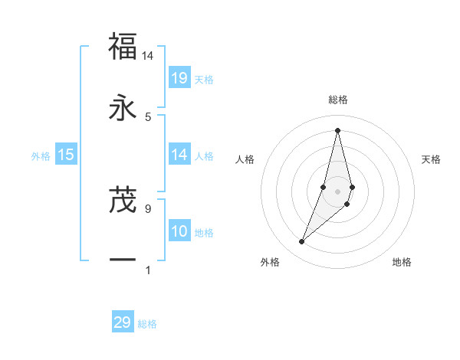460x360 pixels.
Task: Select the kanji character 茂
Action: [x=123, y=199]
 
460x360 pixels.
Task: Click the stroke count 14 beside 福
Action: [x=148, y=55]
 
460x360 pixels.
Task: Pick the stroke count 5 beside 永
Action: [x=148, y=116]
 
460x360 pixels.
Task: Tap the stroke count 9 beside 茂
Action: [x=148, y=208]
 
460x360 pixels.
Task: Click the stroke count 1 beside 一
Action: [x=148, y=269]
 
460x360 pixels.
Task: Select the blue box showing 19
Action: [x=179, y=78]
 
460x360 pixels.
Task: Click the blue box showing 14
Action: [x=179, y=155]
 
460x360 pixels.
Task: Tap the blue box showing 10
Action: [x=179, y=231]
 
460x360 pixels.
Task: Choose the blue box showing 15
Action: [x=66, y=155]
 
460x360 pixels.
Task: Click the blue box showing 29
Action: [x=123, y=322]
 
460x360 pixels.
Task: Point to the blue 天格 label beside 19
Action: [x=204, y=80]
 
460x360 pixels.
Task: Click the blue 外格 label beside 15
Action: [x=41, y=156]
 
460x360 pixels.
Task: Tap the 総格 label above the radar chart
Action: [x=337, y=100]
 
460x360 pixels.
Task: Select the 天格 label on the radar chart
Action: [x=432, y=159]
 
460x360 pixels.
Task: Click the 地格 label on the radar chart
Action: [x=402, y=262]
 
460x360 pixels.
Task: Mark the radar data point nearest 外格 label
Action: [x=301, y=242]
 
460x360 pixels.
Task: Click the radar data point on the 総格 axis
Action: [x=337, y=130]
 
